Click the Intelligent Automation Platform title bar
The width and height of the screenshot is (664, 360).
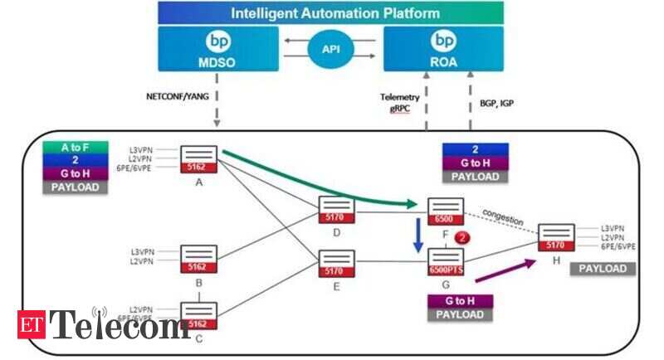tap(330, 12)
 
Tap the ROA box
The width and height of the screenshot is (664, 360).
tap(444, 48)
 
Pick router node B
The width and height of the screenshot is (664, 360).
tap(199, 259)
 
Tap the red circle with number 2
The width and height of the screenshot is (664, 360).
tap(465, 237)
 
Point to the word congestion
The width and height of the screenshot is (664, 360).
tap(502, 220)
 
